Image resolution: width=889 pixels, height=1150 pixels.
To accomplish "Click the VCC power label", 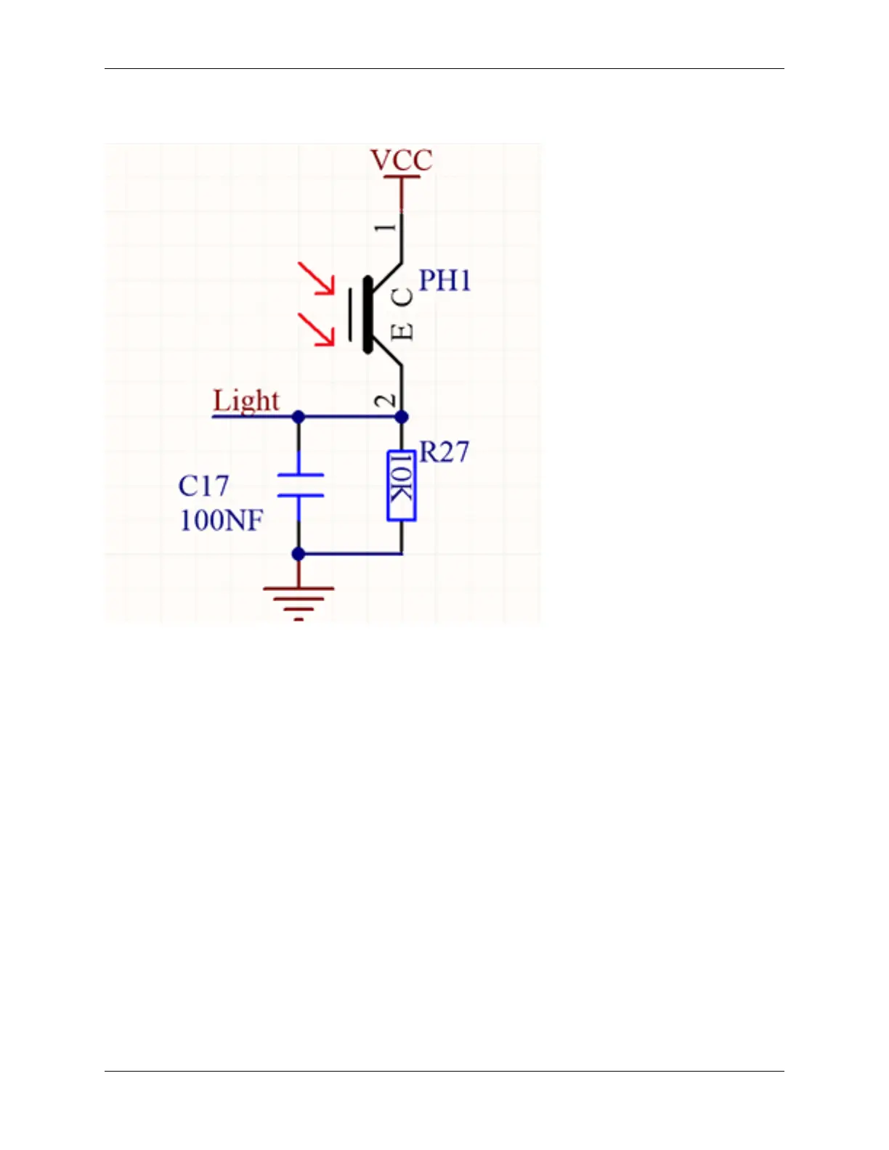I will coord(401,160).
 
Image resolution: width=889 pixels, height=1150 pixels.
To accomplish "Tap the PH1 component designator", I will coord(444,280).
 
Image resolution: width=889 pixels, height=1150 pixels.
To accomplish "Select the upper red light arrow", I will coord(317,278).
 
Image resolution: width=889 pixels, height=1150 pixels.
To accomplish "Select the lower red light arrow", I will coord(317,329).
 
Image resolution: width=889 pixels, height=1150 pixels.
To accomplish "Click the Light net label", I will coord(245,401).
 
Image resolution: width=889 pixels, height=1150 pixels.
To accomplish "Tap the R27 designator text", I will coord(444,452).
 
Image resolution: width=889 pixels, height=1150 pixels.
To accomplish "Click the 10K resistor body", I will coord(402,485).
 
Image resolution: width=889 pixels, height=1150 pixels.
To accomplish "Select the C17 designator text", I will coord(203,486).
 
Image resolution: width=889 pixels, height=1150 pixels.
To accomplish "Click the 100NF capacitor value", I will coord(221,520).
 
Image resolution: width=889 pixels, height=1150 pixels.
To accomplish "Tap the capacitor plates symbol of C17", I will coord(299,485).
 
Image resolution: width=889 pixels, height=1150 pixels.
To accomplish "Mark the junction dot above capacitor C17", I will coord(298,417).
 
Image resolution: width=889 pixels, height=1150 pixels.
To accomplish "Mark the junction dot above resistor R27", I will coord(402,417).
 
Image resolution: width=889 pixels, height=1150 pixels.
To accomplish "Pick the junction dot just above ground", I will coord(298,554).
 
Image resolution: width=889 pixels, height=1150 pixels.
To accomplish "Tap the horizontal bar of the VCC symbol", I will coord(402,176).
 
